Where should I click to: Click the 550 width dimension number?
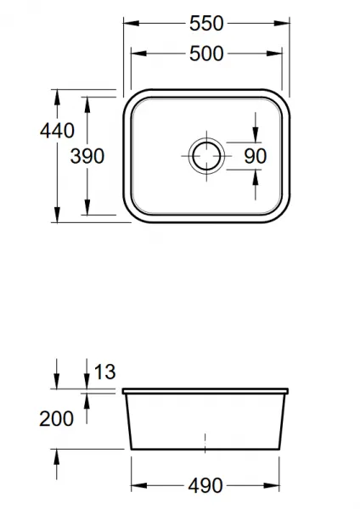click(x=206, y=24)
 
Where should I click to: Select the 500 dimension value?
click(x=206, y=53)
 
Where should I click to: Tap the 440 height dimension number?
click(x=57, y=131)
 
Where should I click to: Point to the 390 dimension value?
click(x=87, y=156)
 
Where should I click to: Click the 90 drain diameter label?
click(x=256, y=156)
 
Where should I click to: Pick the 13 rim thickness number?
click(x=104, y=372)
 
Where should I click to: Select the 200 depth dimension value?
click(x=57, y=418)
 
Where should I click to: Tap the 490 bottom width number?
click(x=205, y=485)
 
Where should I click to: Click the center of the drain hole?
click(x=206, y=156)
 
